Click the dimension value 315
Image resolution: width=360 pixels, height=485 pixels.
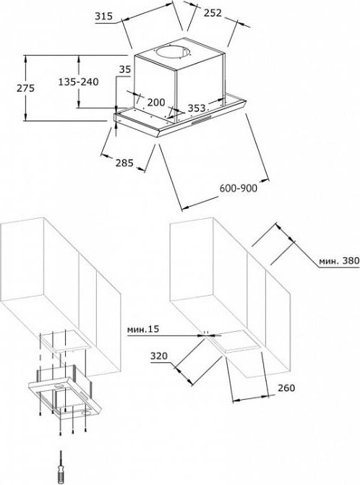pyautogui.click(x=103, y=16)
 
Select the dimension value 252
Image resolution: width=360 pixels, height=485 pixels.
pyautogui.click(x=213, y=13)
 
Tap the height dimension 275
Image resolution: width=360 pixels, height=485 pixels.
pyautogui.click(x=26, y=88)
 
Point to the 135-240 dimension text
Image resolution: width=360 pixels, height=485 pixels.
pyautogui.click(x=79, y=82)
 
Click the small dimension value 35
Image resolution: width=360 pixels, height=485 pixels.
pyautogui.click(x=125, y=69)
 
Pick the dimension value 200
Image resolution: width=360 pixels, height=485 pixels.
pyautogui.click(x=156, y=103)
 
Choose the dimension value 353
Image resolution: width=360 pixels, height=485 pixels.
pyautogui.click(x=197, y=108)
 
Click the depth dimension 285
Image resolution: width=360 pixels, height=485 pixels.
pyautogui.click(x=124, y=163)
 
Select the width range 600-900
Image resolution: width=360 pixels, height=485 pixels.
pyautogui.click(x=239, y=188)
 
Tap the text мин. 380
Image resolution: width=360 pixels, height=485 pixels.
pyautogui.click(x=339, y=260)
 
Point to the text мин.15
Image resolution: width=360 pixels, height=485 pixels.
pyautogui.click(x=143, y=329)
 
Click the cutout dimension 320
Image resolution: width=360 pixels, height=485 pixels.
pyautogui.click(x=159, y=356)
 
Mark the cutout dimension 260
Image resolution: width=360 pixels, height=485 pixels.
pyautogui.click(x=286, y=387)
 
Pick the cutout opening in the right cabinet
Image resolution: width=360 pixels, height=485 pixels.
pyautogui.click(x=238, y=341)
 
